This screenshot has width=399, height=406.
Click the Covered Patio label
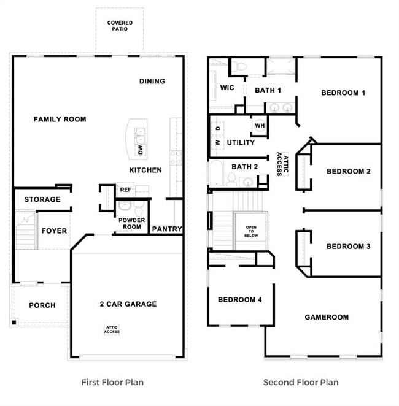click(x=120, y=26)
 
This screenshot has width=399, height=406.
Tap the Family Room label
click(x=60, y=119)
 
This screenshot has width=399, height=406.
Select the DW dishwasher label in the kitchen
click(x=141, y=149)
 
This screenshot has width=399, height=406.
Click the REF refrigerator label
click(x=125, y=190)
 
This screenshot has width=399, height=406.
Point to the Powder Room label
click(x=131, y=223)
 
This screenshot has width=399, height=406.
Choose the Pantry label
click(x=167, y=229)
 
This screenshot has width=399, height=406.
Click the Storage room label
click(x=42, y=199)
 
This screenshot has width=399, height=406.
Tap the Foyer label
click(x=54, y=231)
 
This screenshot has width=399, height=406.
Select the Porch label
click(x=42, y=305)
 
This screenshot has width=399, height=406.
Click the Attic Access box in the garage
click(x=112, y=329)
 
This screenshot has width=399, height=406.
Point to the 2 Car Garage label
click(x=128, y=304)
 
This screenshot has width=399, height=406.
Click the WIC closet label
click(x=227, y=88)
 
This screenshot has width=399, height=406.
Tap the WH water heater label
click(x=259, y=125)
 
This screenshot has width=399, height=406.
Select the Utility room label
click(x=241, y=143)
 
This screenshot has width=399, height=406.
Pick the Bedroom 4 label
click(x=240, y=299)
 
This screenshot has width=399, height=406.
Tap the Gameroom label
click(x=327, y=317)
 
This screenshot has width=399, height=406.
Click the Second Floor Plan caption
click(x=301, y=382)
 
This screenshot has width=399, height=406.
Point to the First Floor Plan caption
click(x=112, y=382)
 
